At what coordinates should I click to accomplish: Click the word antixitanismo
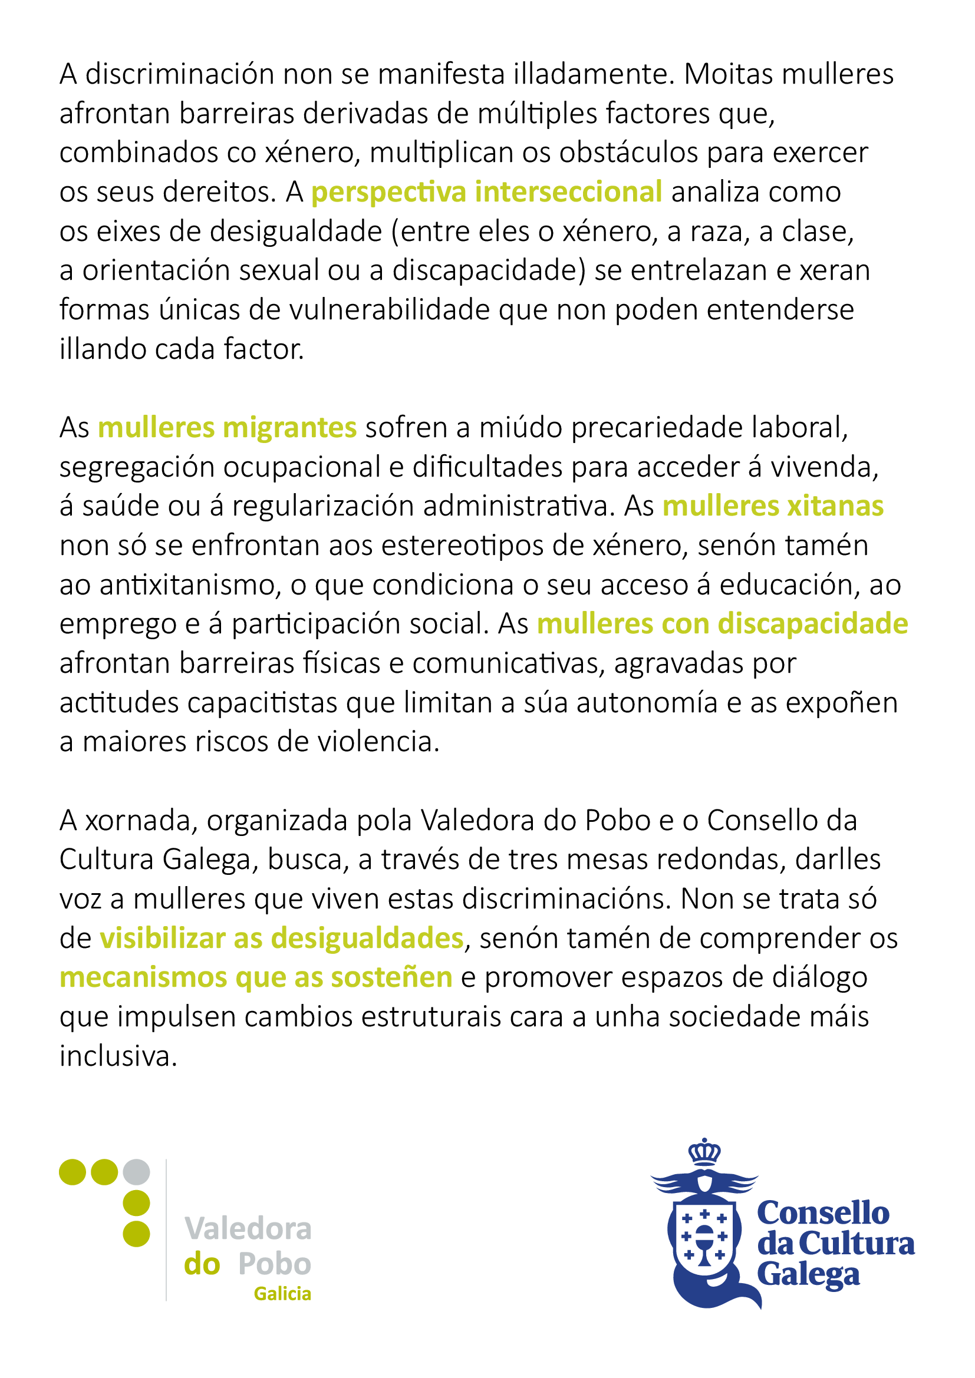[190, 585]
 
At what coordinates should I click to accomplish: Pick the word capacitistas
[262, 703]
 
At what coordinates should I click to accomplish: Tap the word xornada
[141, 821]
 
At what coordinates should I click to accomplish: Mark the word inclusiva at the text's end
[118, 1056]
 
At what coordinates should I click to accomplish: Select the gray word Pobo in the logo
[274, 1264]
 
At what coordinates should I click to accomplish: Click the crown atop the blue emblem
[704, 1152]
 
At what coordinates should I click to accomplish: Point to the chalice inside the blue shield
[704, 1242]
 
